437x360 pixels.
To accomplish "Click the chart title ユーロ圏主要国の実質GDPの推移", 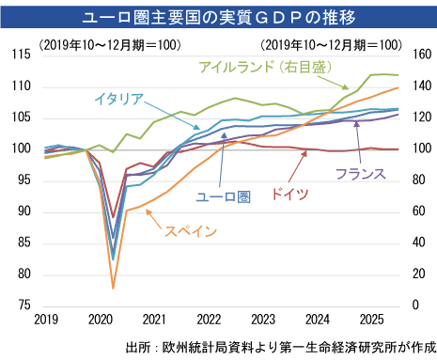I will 218,16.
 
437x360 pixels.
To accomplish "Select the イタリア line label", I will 118,98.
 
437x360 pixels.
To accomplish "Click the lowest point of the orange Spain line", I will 114,289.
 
